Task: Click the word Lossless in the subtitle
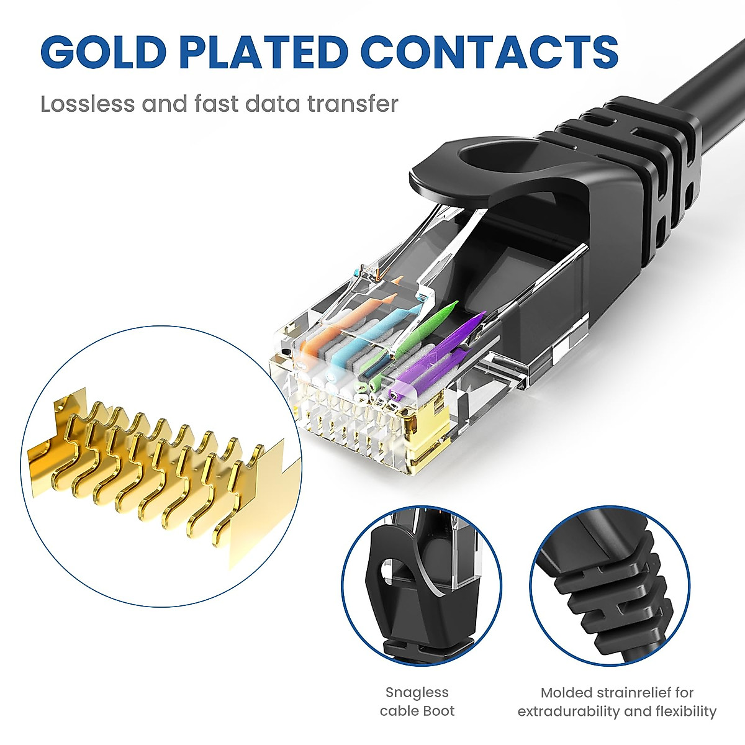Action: click(x=88, y=104)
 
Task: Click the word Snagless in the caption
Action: click(x=417, y=692)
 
